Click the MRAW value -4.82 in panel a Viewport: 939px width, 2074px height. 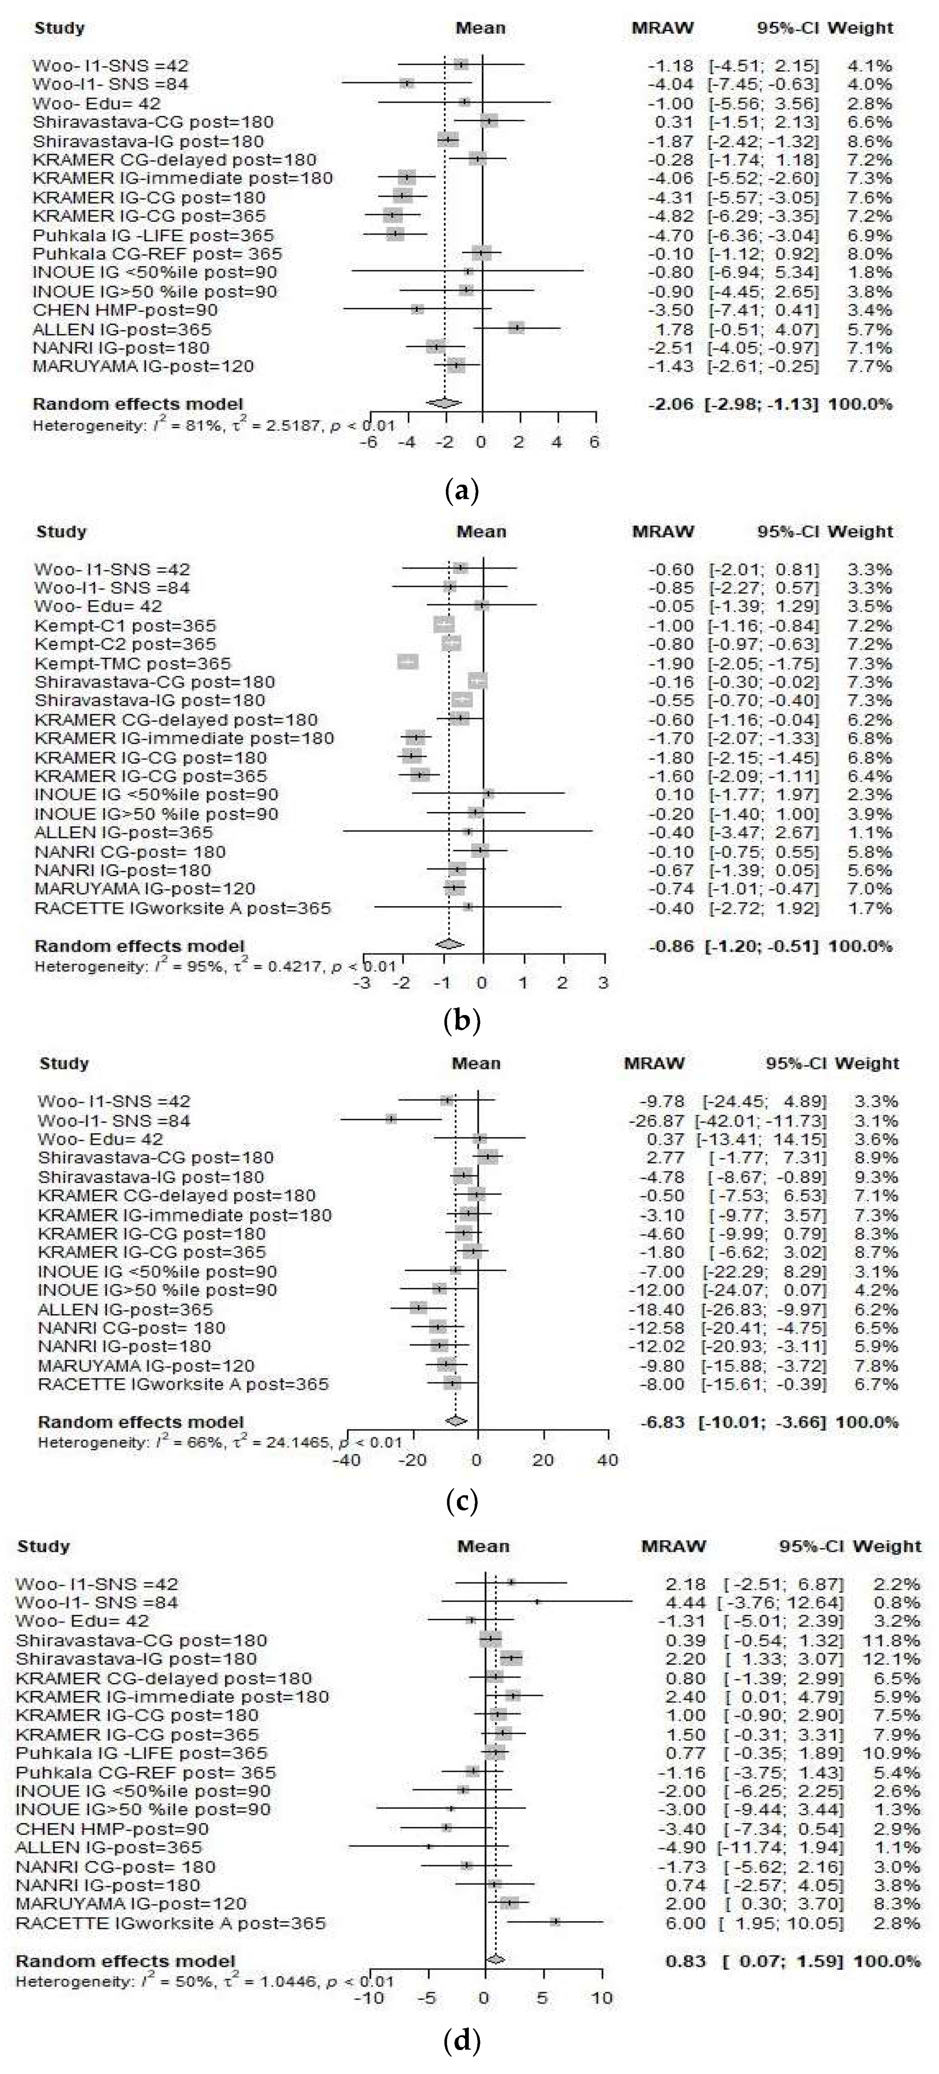pyautogui.click(x=671, y=216)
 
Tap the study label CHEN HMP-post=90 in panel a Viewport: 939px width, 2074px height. pyautogui.click(x=125, y=310)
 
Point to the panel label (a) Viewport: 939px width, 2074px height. pyautogui.click(x=462, y=491)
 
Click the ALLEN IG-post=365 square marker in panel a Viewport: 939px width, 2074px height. pyautogui.click(x=516, y=328)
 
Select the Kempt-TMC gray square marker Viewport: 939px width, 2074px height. pyautogui.click(x=408, y=662)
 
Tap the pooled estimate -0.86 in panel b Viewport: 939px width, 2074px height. pyautogui.click(x=671, y=946)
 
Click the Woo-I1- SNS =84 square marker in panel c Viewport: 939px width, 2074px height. pyautogui.click(x=391, y=1119)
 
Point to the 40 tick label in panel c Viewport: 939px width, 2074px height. pyautogui.click(x=608, y=1460)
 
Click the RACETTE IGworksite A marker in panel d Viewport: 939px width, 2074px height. pyautogui.click(x=555, y=1922)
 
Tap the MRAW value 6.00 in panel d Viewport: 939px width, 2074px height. pyautogui.click(x=686, y=1924)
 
